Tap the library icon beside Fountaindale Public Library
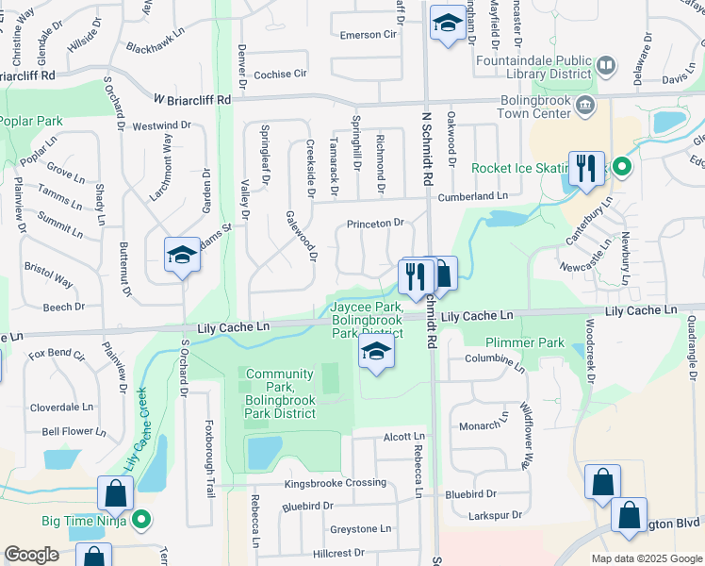pos(607,66)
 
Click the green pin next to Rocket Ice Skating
pos(621,168)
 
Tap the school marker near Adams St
pos(183,256)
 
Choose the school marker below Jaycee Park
pos(376,354)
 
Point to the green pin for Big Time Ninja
pos(141,519)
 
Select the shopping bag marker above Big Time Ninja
pos(114,493)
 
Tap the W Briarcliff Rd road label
pos(192,99)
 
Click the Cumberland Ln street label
pos(475,196)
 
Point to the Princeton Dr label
pos(374,224)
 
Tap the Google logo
pos(31,555)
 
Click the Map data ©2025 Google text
pos(646,558)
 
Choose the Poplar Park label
pos(31,121)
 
